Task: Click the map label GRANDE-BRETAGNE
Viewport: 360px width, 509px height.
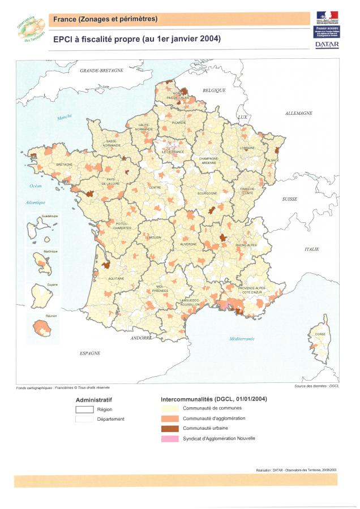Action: [101, 71]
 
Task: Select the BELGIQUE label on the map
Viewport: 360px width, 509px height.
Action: [214, 90]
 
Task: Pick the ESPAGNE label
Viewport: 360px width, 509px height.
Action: [90, 352]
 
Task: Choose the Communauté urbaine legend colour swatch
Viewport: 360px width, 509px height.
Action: [170, 428]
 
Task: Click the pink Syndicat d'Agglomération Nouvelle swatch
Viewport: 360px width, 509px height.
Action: [170, 438]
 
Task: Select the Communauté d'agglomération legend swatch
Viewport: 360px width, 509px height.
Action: [170, 418]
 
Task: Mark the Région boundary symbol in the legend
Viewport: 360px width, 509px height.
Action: [85, 409]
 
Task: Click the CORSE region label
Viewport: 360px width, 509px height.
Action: [320, 335]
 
